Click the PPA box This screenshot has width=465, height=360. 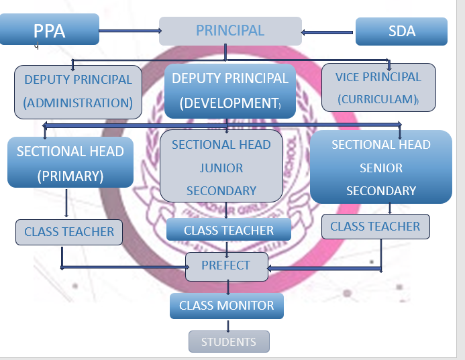click(50, 30)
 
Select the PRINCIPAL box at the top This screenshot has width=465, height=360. click(229, 31)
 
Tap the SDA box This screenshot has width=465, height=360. click(401, 31)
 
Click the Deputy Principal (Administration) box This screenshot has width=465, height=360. click(78, 91)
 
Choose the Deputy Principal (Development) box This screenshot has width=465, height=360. click(230, 91)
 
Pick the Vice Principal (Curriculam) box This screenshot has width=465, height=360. click(378, 87)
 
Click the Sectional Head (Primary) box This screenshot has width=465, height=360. click(70, 163)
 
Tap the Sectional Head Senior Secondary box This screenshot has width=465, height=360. click(380, 167)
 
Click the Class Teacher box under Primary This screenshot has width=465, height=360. click(69, 232)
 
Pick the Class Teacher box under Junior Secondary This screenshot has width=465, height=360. click(229, 230)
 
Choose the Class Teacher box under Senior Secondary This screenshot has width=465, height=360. click(375, 227)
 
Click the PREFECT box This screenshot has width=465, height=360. click(225, 265)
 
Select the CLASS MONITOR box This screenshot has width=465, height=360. click(226, 306)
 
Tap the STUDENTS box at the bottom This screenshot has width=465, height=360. click(229, 342)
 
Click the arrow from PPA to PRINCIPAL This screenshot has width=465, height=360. click(129, 30)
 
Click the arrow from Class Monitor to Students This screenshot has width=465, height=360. click(228, 325)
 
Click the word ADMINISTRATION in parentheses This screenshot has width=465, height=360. click(78, 103)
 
